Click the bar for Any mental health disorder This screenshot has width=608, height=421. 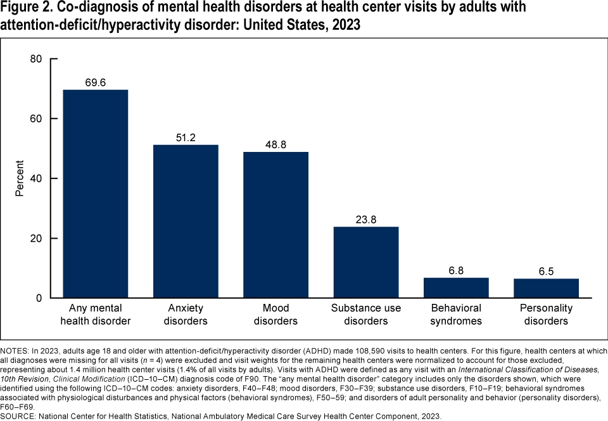[96, 194]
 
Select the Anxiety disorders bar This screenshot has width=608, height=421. [186, 221]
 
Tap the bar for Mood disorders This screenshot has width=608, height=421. [275, 225]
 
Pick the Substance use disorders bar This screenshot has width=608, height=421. [366, 262]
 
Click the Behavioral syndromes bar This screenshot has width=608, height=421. [456, 287]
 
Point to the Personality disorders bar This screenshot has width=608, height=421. [546, 288]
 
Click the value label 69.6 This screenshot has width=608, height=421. [96, 82]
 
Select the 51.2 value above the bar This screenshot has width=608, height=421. [186, 137]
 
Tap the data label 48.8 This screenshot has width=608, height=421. [275, 144]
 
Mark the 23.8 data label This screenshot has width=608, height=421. [366, 219]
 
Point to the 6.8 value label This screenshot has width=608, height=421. [456, 270]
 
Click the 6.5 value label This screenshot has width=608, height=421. [546, 271]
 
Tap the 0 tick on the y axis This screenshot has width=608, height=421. [39, 298]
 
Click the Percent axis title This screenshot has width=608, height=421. [20, 179]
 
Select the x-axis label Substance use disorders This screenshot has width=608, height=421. [366, 314]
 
